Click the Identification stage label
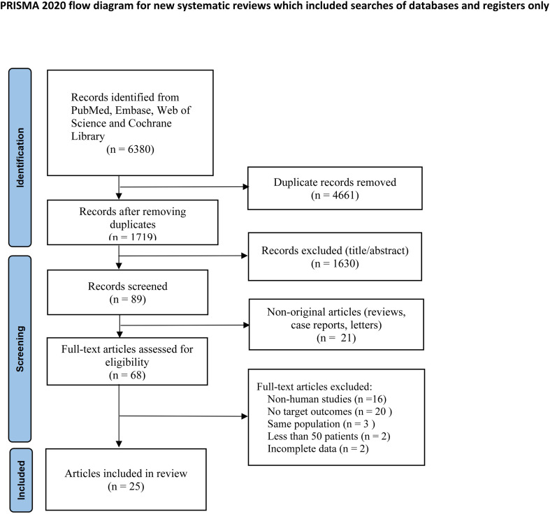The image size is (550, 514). tap(20, 157)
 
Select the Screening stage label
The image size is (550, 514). tap(20, 348)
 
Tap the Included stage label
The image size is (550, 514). tap(21, 480)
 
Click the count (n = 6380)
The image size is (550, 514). tap(130, 149)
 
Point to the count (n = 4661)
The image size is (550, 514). tap(335, 196)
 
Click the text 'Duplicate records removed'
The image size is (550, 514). tap(335, 182)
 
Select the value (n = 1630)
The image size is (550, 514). tap(335, 264)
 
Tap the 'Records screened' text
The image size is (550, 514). tap(128, 286)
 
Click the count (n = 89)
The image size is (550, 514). tap(128, 300)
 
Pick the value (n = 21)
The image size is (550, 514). tap(336, 338)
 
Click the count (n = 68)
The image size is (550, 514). tap(127, 375)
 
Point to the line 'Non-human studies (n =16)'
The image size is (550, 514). tap(327, 399)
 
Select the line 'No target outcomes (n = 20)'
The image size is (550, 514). tap(330, 411)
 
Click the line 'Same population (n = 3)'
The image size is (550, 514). tap(321, 424)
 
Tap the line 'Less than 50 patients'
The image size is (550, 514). tap(328, 436)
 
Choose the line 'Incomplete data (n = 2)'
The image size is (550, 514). tap(318, 449)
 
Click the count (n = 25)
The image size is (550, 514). tap(126, 487)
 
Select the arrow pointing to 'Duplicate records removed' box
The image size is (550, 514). tap(184, 187)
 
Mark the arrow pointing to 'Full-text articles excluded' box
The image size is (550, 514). tap(184, 416)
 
